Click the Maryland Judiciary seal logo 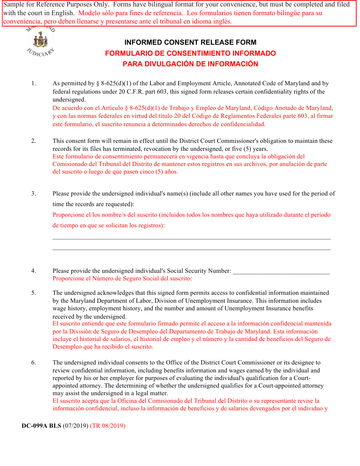tap(40, 41)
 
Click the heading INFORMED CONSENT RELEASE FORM tap(190, 42)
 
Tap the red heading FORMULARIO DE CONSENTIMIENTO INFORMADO tap(190, 53)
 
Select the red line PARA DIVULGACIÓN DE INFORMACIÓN tap(190, 64)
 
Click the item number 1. tap(33, 83)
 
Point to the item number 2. tap(33, 141)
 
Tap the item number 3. tap(33, 194)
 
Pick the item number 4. tap(33, 271)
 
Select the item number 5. tap(33, 293)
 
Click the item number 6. tap(33, 363)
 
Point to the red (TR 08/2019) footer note tap(108, 426)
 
